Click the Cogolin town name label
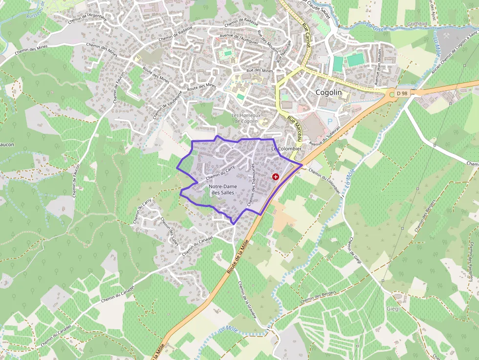click(x=329, y=92)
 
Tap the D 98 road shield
click(x=401, y=93)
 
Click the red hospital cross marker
click(x=276, y=177)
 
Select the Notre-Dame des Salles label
click(x=222, y=190)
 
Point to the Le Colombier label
click(x=286, y=148)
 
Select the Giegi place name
click(x=393, y=309)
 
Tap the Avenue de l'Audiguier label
click(x=239, y=37)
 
